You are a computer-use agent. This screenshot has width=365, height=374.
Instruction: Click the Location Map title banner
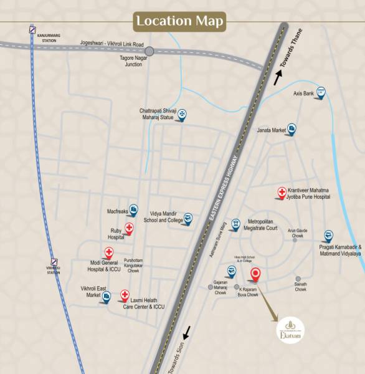click(181, 21)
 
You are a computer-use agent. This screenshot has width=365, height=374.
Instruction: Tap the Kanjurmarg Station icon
click(32, 29)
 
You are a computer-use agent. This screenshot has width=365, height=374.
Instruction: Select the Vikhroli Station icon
click(55, 262)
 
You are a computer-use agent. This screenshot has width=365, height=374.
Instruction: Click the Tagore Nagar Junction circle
click(149, 51)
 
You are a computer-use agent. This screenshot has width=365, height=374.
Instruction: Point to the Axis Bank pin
click(321, 93)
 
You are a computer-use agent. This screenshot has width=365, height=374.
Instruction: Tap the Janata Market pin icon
click(292, 129)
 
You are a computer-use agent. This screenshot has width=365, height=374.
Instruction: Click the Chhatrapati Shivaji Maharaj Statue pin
click(182, 114)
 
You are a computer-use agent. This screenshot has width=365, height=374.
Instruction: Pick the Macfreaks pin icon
click(133, 210)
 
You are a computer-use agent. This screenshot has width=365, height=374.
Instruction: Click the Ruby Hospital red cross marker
click(129, 228)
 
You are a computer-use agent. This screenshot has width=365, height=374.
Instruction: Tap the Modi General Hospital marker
click(109, 252)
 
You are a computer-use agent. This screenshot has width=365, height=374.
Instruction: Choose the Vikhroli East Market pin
click(107, 300)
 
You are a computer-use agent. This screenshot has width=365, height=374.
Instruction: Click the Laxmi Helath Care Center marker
click(125, 294)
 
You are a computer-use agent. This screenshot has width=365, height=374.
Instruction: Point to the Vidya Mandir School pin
click(188, 218)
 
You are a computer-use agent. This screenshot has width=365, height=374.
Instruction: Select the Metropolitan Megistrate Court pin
click(235, 224)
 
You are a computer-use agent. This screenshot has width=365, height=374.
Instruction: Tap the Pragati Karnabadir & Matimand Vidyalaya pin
click(328, 236)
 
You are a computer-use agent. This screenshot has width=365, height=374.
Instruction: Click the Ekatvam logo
click(288, 327)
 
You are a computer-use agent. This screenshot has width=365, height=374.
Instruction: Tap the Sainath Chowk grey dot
click(298, 279)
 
